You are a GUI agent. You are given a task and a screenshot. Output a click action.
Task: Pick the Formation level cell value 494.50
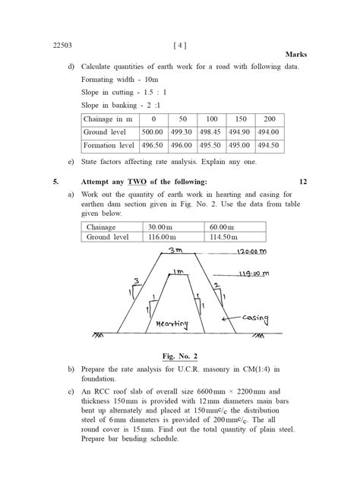tap(268, 145)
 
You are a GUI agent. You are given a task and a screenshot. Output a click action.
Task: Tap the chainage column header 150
tap(239, 119)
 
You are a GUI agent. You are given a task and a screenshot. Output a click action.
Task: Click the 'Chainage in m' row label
tap(109, 119)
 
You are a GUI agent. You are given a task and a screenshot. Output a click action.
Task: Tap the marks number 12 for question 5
tap(303, 182)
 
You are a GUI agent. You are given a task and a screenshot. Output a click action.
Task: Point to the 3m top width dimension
tap(175, 250)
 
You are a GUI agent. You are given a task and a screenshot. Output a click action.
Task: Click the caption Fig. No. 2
tap(179, 355)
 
